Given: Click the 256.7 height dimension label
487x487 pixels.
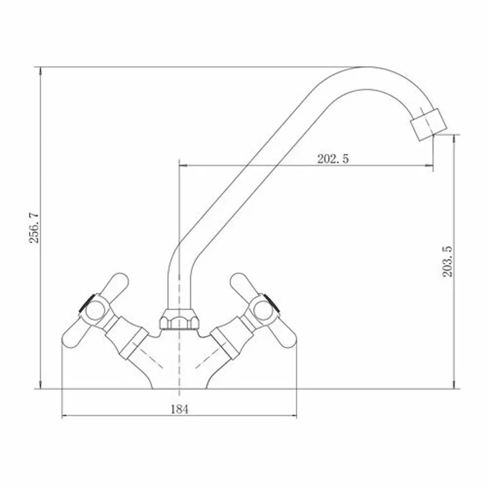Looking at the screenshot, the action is [34, 228].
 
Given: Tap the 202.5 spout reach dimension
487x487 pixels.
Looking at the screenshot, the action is [333, 159].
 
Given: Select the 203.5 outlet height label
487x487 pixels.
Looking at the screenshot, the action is [447, 262].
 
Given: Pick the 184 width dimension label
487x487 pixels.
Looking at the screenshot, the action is [180, 409].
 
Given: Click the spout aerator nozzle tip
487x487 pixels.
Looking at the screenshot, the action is [429, 125].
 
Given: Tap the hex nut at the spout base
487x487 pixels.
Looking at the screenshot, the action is [179, 319].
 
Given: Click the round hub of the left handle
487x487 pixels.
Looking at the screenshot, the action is [94, 312].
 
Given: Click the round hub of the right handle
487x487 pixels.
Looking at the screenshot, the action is [263, 310].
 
